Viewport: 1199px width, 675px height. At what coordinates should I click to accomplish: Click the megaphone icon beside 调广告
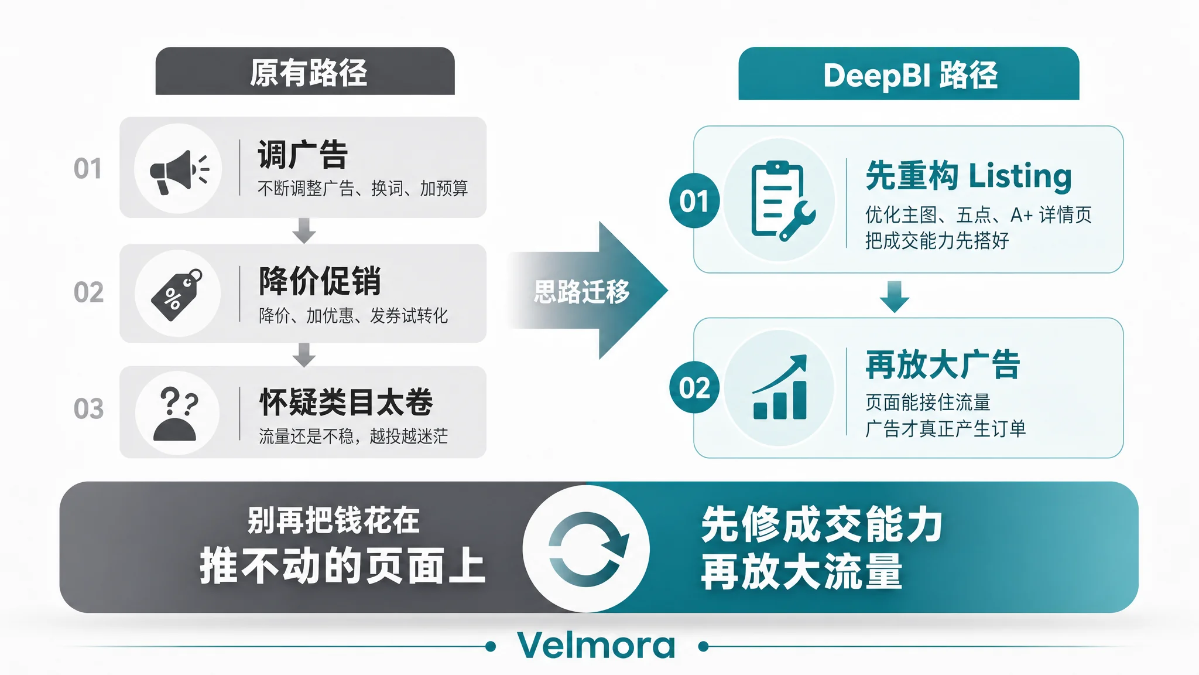179,171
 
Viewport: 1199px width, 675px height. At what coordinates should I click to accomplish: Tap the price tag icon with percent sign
177,295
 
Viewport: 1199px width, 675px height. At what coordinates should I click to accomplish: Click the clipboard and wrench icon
782,201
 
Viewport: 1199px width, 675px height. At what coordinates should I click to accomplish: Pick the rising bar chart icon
780,387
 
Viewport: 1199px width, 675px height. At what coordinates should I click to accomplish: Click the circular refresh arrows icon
587,549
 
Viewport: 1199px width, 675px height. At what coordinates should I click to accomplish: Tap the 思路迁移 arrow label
581,291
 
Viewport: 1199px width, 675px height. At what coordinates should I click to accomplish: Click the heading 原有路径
308,73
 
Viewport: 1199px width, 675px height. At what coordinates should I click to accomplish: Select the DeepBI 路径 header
910,75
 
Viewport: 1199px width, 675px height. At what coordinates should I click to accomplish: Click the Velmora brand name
597,645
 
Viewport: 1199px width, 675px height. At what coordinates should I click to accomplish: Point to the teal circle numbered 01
694,201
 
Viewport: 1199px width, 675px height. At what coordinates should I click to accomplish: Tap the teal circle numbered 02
694,387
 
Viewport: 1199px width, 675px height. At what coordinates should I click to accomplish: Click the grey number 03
88,409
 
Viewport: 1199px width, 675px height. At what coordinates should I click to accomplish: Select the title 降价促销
320,281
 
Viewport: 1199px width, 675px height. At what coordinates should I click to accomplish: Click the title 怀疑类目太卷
346,403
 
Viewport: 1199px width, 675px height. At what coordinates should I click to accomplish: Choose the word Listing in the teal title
1020,176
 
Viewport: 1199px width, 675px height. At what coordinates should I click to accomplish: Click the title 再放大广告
943,364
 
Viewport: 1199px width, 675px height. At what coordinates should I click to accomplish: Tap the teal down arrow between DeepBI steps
895,296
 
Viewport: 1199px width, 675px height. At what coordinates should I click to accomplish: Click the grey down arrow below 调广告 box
304,230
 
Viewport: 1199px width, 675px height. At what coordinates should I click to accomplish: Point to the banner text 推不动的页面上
342,566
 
